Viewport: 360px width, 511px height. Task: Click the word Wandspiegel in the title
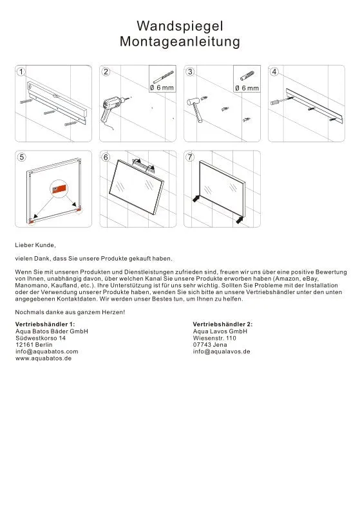(x=180, y=26)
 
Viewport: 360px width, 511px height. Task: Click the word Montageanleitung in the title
(x=180, y=41)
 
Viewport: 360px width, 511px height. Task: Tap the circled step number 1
(x=21, y=71)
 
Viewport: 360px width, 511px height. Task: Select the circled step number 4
(x=274, y=71)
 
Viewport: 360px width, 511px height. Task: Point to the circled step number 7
(x=190, y=157)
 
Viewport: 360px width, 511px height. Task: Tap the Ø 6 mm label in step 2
(x=162, y=88)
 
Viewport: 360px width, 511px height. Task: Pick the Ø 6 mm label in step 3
(x=247, y=88)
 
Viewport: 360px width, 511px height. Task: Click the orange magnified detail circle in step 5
(x=59, y=189)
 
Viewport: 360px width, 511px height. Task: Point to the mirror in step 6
(x=137, y=187)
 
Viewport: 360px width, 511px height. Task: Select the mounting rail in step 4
(x=316, y=106)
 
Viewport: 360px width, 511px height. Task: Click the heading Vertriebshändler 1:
(x=45, y=324)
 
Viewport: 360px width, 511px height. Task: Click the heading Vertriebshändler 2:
(x=223, y=324)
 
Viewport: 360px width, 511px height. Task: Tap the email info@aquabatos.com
(x=47, y=351)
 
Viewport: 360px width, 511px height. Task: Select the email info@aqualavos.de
(x=222, y=351)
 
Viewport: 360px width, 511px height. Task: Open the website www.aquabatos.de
(x=43, y=358)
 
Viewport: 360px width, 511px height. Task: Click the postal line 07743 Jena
(x=210, y=344)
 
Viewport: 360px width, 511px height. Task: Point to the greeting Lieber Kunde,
(x=35, y=245)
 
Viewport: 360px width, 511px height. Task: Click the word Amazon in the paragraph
(x=287, y=279)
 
